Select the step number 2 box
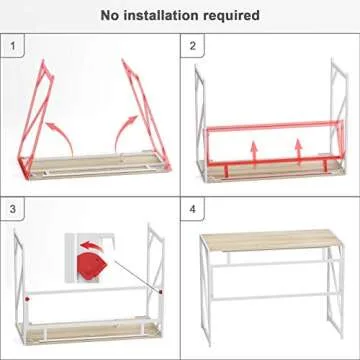click(194, 47)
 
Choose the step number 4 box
click(194, 211)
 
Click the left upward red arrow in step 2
click(254, 150)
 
